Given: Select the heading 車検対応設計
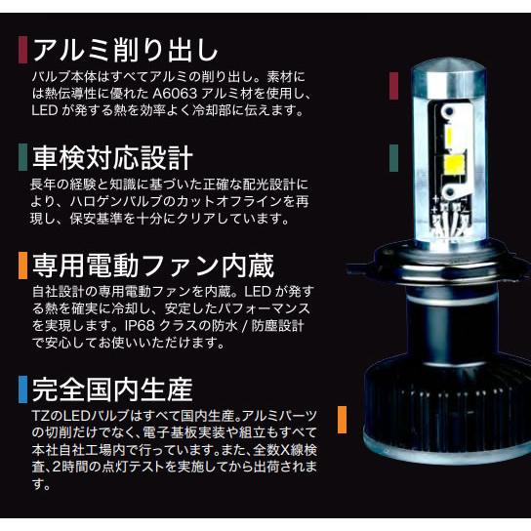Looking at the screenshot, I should pyautogui.click(x=112, y=155).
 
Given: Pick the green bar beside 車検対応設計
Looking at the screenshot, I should pyautogui.click(x=21, y=155).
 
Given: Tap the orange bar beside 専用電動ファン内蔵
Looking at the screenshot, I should pyautogui.click(x=21, y=265).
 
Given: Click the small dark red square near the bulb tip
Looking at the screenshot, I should pyautogui.click(x=393, y=85).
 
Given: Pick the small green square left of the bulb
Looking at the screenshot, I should pyautogui.click(x=393, y=154).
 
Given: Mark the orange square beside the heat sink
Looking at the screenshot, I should pyautogui.click(x=343, y=419).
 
